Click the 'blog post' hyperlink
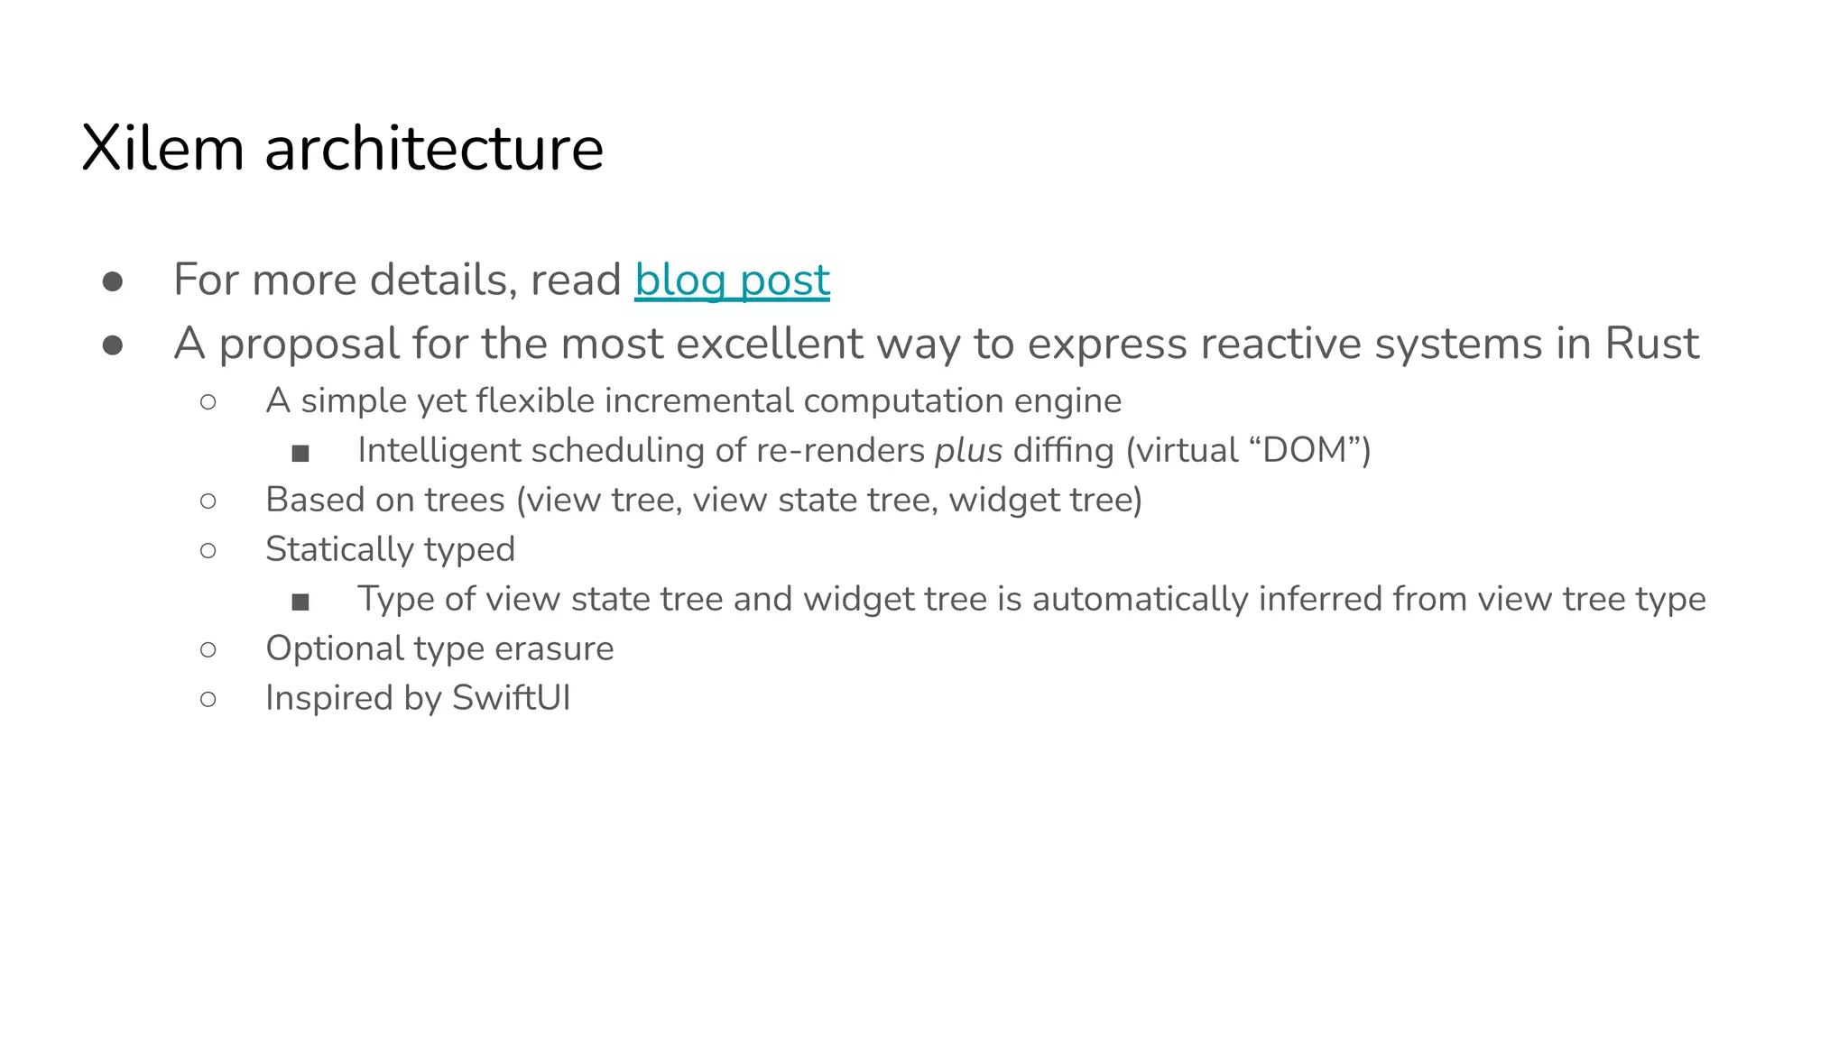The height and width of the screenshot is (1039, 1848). [732, 280]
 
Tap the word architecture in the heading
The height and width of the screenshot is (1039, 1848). [434, 148]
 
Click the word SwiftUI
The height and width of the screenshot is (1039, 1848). [511, 698]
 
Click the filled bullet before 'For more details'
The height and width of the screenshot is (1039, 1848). [113, 281]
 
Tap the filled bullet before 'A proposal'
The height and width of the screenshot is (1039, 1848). [113, 345]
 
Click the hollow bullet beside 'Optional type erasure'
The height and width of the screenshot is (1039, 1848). [208, 649]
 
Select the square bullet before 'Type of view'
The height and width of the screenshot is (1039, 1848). [300, 602]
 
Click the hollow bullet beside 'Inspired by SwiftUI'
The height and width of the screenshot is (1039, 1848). [208, 699]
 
